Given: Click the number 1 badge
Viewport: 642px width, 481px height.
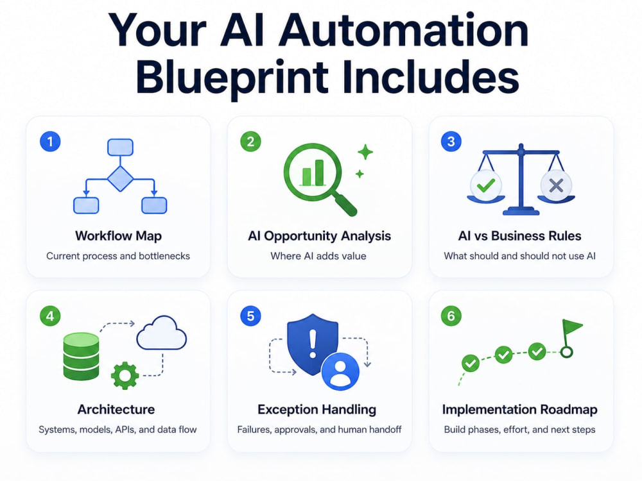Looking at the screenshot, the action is (50, 142).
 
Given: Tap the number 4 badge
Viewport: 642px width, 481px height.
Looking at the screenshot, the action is (50, 316).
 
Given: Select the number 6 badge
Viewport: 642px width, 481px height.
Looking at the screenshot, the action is (451, 316).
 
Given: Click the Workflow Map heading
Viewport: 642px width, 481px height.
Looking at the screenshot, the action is (118, 236).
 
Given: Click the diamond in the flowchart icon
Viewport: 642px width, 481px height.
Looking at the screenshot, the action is (121, 179).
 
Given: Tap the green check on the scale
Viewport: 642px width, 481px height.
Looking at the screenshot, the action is (485, 185).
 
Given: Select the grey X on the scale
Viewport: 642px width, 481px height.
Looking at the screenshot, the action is (556, 186).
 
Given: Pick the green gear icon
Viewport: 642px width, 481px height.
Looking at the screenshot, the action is (125, 375).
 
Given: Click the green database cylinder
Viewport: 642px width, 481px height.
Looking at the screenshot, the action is (81, 356).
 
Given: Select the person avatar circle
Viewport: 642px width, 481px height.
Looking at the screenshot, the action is (340, 372).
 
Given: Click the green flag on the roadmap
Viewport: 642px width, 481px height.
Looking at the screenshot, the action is (573, 326).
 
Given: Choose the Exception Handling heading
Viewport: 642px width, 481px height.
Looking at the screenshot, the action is (317, 409).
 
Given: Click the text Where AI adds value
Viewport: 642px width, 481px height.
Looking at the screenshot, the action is (318, 256).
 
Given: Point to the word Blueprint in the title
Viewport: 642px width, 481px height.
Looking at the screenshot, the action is (232, 76).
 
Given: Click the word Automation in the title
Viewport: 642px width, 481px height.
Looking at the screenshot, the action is (403, 31).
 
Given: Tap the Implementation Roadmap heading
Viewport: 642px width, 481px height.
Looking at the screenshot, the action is (519, 409).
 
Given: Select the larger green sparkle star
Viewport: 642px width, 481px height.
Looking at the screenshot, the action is (365, 152).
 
